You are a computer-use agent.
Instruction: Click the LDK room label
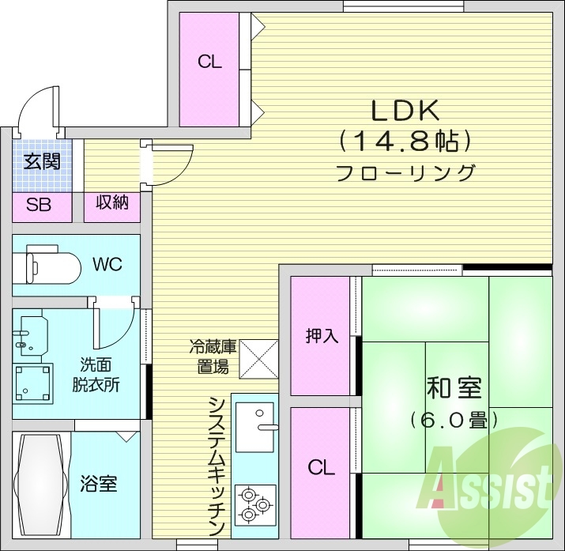pyautogui.click(x=405, y=111)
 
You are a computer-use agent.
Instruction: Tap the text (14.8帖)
pyautogui.click(x=405, y=142)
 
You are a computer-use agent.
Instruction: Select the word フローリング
pyautogui.click(x=405, y=172)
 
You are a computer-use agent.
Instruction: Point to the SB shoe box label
pyautogui.click(x=39, y=206)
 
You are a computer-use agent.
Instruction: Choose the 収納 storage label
pyautogui.click(x=112, y=202)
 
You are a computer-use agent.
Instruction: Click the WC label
pyautogui.click(x=107, y=264)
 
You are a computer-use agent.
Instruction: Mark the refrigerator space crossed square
pyautogui.click(x=258, y=358)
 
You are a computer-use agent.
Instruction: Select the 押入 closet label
pyautogui.click(x=322, y=335)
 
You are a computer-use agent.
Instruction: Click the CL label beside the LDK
pyautogui.click(x=210, y=62)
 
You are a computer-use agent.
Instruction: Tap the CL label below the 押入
pyautogui.click(x=322, y=467)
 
